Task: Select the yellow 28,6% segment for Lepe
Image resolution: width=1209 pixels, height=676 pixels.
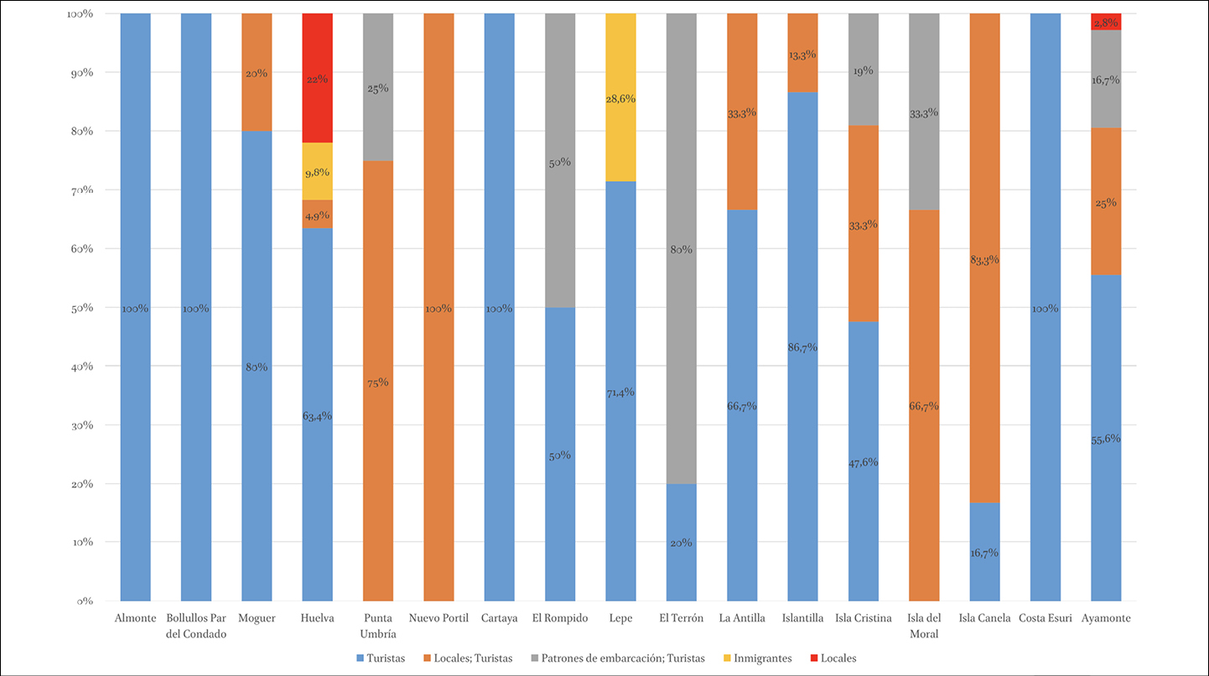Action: coord(620,97)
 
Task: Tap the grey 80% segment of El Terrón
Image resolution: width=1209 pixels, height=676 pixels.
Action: coord(681,249)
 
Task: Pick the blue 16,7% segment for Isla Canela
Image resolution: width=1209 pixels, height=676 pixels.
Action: coord(984,552)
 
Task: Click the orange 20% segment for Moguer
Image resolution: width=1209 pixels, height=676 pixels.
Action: coord(256,72)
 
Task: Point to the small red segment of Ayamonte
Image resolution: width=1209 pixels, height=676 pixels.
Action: coord(1106,22)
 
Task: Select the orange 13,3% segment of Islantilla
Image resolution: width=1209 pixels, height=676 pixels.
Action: coord(802,53)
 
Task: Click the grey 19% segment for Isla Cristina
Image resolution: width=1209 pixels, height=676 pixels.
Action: coord(863,70)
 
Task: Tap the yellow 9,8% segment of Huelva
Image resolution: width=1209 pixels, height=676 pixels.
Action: coord(317,171)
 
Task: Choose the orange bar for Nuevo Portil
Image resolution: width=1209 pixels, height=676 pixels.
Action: coord(438,307)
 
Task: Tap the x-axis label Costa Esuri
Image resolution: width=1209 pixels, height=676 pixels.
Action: coord(1045,619)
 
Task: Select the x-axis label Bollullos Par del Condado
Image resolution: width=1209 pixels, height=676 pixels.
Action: coord(196,626)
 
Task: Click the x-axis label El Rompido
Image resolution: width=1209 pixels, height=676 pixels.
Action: coord(559,619)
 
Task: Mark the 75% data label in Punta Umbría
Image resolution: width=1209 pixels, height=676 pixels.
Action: coord(377,382)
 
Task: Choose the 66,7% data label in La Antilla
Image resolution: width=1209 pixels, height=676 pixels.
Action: coord(742,406)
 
